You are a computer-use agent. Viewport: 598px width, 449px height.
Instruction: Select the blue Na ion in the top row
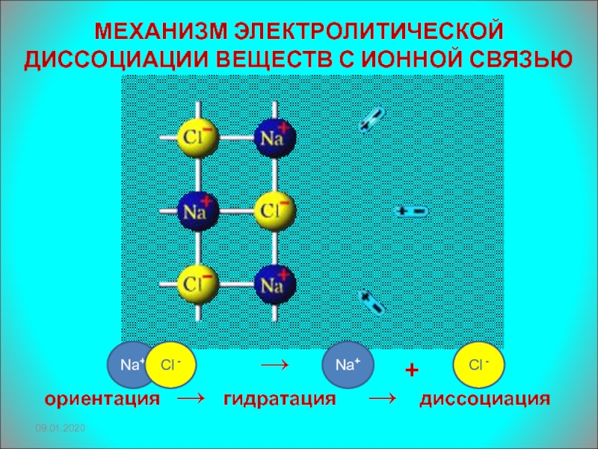[274, 136]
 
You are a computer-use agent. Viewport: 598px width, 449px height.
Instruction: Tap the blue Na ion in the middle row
[197, 212]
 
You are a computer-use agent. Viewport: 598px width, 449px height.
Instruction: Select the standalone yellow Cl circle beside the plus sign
[478, 364]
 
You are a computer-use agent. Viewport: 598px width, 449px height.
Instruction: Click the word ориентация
[102, 399]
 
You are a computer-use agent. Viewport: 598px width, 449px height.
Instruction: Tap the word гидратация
[280, 399]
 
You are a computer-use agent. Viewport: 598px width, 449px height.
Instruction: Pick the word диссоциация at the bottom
[484, 399]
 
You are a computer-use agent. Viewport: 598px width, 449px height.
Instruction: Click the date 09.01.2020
[62, 427]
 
